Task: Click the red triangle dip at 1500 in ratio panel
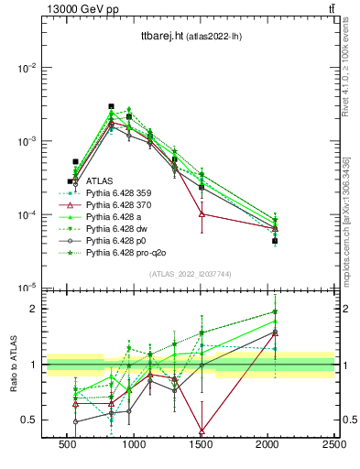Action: (x=202, y=430)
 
